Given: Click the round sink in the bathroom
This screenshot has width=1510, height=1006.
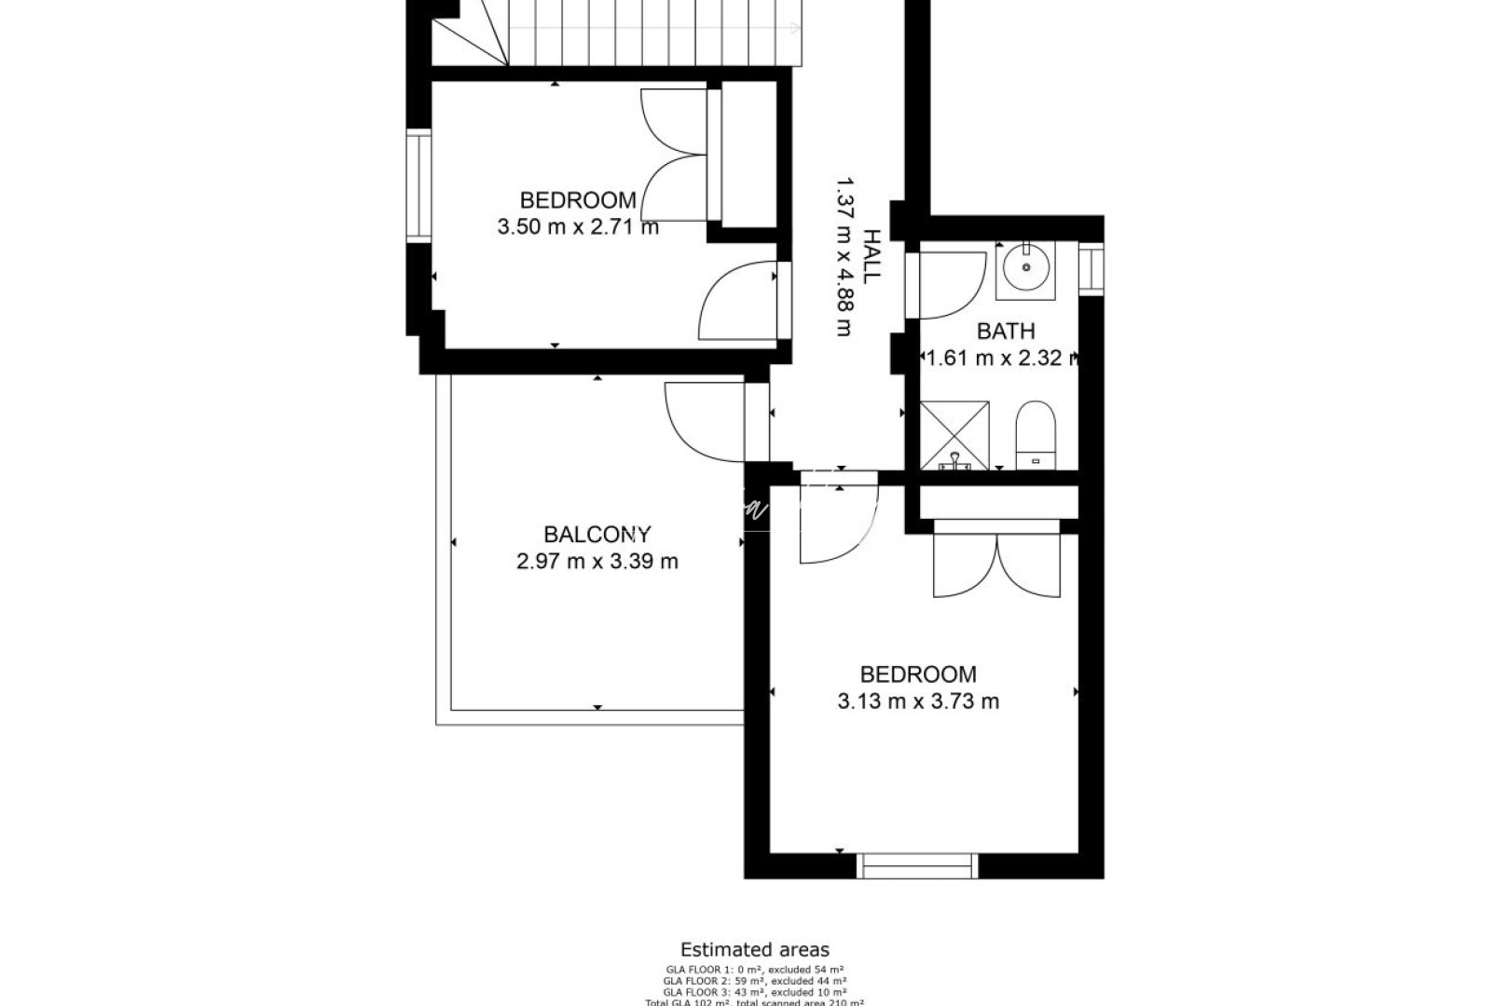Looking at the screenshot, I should pos(1025,267).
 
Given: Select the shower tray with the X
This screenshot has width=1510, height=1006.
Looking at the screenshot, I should pos(954,434).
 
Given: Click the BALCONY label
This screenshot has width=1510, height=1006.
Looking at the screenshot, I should pos(597,535).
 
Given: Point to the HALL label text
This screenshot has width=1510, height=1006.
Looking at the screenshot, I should pos(871,256).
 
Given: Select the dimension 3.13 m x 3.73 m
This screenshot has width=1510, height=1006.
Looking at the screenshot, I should pos(918,701).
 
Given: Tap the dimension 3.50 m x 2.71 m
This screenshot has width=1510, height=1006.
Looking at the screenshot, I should pos(578,226).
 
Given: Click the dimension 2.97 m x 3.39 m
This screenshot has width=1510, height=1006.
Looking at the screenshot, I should pos(597,562).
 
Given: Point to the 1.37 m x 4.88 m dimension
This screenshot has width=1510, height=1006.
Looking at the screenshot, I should pos(844,256).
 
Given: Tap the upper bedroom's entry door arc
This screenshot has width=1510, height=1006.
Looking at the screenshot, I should pos(736,300).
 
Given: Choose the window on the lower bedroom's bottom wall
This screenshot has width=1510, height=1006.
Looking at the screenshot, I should pos(918,865).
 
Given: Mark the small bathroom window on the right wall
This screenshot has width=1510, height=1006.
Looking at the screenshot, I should pos(1091,268).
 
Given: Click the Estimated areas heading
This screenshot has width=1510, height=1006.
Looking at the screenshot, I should pos(754,950).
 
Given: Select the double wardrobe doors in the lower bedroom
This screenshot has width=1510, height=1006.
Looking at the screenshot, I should pos(996,564).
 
